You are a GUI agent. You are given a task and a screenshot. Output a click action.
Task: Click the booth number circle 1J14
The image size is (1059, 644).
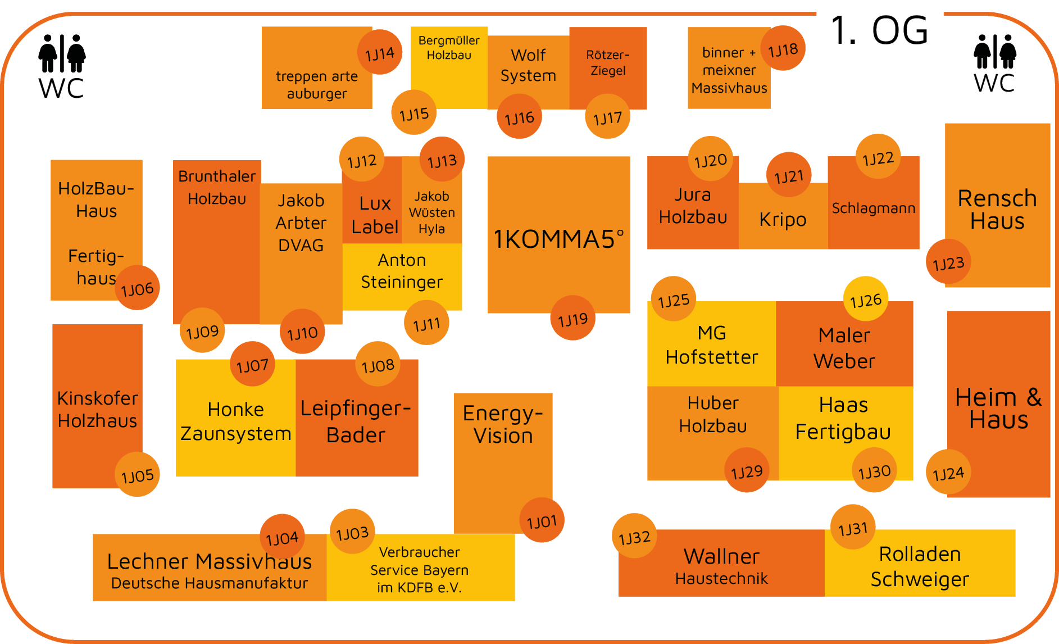point(380,53)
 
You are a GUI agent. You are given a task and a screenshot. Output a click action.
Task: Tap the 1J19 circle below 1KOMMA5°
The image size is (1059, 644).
point(572,319)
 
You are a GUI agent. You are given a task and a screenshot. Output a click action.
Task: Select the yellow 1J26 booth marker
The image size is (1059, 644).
point(866,300)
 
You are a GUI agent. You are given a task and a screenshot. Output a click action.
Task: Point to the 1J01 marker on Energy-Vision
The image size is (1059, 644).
point(542,521)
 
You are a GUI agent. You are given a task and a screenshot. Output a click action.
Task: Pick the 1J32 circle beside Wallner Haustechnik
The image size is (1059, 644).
point(634,537)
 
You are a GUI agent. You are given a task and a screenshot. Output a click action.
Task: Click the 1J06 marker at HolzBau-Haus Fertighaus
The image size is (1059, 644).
point(137,288)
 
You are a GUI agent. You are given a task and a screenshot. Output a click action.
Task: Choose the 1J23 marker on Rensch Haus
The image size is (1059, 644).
point(948,262)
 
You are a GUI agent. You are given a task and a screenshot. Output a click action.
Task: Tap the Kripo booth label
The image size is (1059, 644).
point(783,219)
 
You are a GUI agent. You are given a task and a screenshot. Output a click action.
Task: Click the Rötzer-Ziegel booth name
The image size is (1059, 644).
point(608,63)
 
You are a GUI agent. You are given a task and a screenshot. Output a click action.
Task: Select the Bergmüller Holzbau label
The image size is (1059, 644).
point(449,48)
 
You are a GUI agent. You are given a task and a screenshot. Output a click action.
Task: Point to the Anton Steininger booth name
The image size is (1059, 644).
point(402,271)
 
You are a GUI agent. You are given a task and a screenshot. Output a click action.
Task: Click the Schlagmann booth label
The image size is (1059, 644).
point(874,208)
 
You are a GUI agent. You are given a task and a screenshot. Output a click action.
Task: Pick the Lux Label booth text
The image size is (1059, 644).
point(375,215)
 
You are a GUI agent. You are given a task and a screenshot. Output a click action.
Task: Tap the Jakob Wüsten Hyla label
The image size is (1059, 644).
point(431,212)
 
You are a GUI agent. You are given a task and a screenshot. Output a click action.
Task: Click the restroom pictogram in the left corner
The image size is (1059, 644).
point(62,54)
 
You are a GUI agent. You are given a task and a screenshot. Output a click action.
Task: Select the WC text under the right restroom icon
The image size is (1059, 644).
point(994,83)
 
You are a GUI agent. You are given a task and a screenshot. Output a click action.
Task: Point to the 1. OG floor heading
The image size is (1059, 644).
point(879,30)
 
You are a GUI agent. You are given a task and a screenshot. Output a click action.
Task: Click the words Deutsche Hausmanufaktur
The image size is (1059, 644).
point(210,583)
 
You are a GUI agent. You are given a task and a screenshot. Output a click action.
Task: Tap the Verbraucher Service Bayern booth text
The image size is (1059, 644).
point(419,569)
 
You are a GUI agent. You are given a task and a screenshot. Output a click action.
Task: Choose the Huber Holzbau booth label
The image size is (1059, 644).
point(713,414)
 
